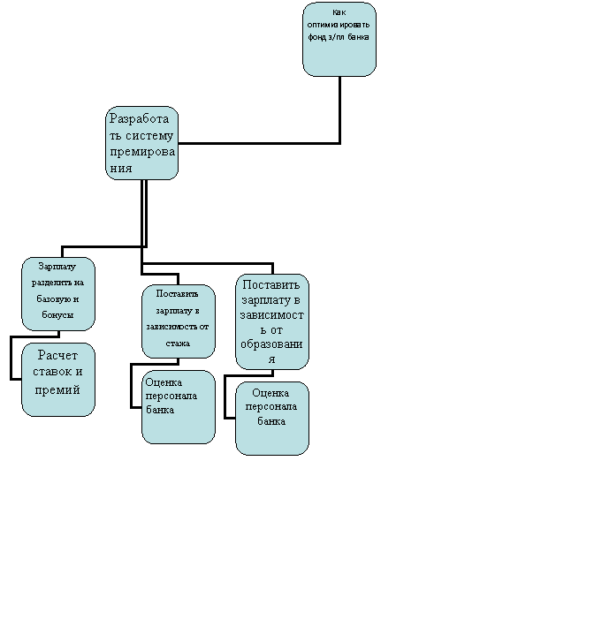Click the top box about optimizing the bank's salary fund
(x=339, y=39)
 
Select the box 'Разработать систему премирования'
(x=141, y=143)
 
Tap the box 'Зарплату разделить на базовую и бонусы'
(x=58, y=294)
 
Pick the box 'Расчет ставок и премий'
(x=58, y=380)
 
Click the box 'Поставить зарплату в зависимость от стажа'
(x=179, y=321)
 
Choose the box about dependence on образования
(x=272, y=321)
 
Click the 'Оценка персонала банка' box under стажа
(x=179, y=407)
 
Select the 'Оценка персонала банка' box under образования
(x=272, y=419)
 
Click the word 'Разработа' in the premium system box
(x=140, y=118)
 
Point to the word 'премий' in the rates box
(x=57, y=389)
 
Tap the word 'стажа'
(x=178, y=344)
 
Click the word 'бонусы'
(x=57, y=314)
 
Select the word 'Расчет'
(x=57, y=355)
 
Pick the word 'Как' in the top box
(x=339, y=12)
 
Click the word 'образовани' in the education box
(x=271, y=344)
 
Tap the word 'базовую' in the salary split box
(x=52, y=298)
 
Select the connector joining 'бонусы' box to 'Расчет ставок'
(x=11, y=358)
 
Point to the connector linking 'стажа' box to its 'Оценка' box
(x=132, y=386)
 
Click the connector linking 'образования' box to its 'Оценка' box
(x=225, y=397)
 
